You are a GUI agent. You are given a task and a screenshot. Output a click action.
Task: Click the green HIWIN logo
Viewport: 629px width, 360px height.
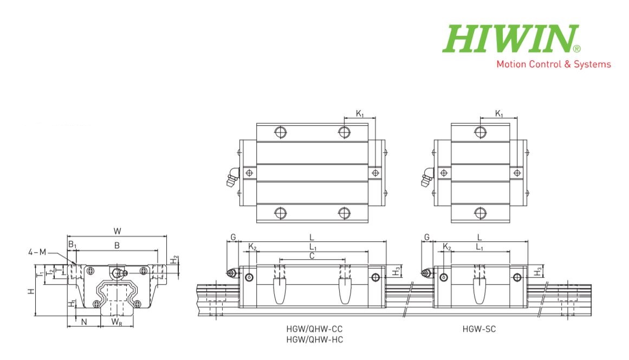tap(511, 38)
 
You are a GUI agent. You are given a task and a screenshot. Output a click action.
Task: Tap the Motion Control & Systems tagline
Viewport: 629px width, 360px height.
tap(554, 64)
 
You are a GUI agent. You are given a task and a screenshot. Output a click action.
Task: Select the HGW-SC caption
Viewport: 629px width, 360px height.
tap(479, 329)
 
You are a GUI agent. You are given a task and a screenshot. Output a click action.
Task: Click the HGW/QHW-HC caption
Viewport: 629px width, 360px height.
tap(314, 339)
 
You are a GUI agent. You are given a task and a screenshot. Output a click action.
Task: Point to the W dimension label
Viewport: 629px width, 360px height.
tap(117, 231)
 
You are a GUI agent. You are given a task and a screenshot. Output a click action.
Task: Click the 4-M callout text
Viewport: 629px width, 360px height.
tap(37, 252)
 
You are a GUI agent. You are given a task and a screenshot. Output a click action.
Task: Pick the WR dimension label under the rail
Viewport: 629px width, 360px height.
tap(116, 322)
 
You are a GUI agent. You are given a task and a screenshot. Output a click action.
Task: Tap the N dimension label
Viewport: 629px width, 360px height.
tap(84, 322)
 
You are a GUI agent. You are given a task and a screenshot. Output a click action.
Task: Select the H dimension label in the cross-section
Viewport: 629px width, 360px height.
tap(31, 291)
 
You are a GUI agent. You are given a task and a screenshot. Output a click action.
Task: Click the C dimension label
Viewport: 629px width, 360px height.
tap(312, 256)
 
